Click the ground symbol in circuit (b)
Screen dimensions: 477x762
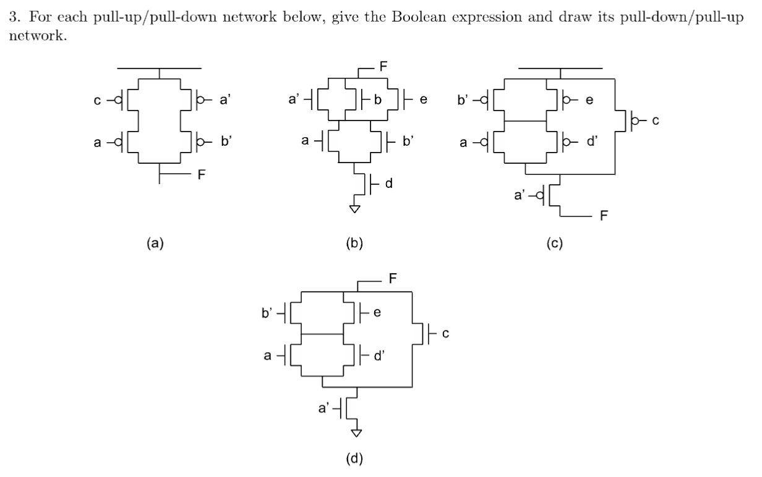(x=354, y=209)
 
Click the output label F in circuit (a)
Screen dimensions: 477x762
(x=202, y=175)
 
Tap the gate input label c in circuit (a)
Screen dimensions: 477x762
(x=96, y=98)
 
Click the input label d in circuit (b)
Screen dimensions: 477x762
(x=389, y=183)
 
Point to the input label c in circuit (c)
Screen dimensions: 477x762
(x=657, y=120)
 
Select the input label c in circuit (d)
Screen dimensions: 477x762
(x=445, y=334)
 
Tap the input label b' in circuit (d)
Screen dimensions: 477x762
(x=267, y=313)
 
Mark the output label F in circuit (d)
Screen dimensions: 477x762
(x=393, y=278)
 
